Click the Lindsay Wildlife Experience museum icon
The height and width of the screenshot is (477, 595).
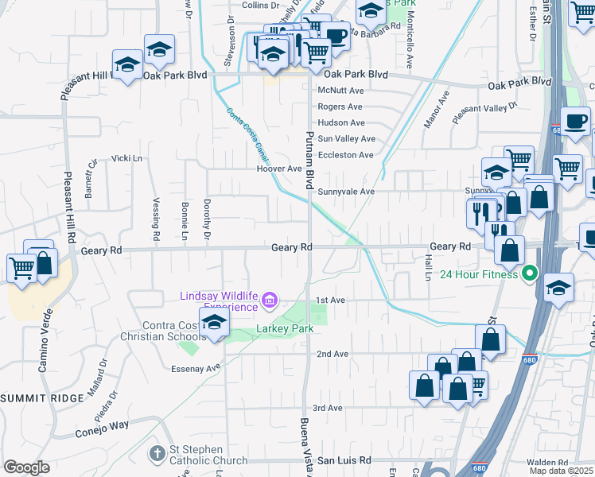270,300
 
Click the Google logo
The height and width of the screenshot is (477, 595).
26,467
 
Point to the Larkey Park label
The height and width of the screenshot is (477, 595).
285,328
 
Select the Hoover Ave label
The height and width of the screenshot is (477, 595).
279,169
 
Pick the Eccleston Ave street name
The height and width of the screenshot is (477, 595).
345,155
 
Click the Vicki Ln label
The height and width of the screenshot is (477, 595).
127,158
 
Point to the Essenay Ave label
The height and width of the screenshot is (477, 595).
196,368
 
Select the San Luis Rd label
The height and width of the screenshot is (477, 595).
344,460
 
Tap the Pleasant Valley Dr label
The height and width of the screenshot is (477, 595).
485,113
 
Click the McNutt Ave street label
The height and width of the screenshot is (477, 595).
340,91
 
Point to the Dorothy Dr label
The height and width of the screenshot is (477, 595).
207,219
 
